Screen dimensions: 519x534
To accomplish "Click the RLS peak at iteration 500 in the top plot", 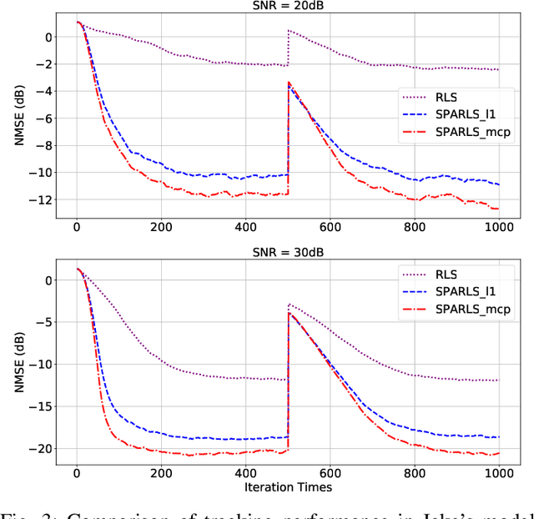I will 289,31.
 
